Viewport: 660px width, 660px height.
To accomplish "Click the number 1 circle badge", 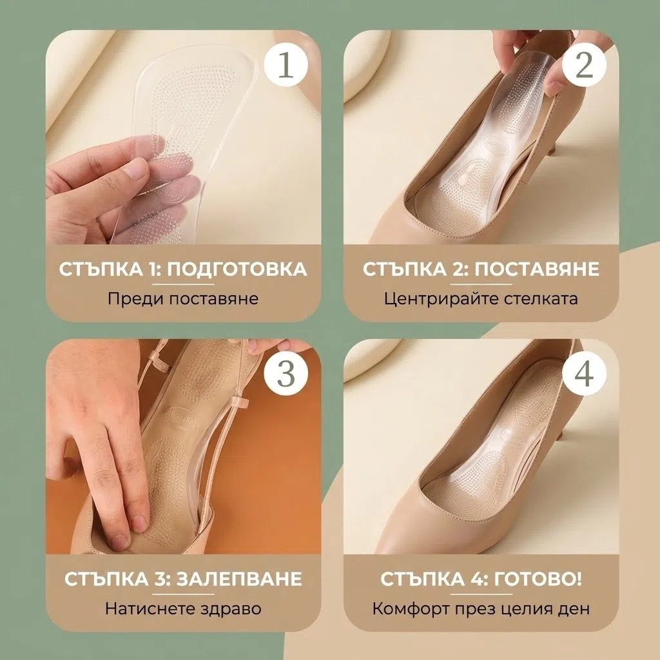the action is point(286,65).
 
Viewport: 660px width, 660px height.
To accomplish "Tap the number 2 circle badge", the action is point(584,65).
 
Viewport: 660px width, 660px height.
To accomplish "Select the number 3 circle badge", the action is point(286,374).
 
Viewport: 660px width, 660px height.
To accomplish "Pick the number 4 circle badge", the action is point(584,374).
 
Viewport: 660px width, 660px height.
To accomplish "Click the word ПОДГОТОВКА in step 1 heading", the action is point(237,269).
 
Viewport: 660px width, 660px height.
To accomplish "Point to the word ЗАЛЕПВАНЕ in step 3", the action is point(238,579).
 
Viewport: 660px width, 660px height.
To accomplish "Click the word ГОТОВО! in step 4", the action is point(538,579).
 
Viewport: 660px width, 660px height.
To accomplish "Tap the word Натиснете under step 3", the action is point(148,608).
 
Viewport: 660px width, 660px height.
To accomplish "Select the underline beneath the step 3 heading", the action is point(183,594).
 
